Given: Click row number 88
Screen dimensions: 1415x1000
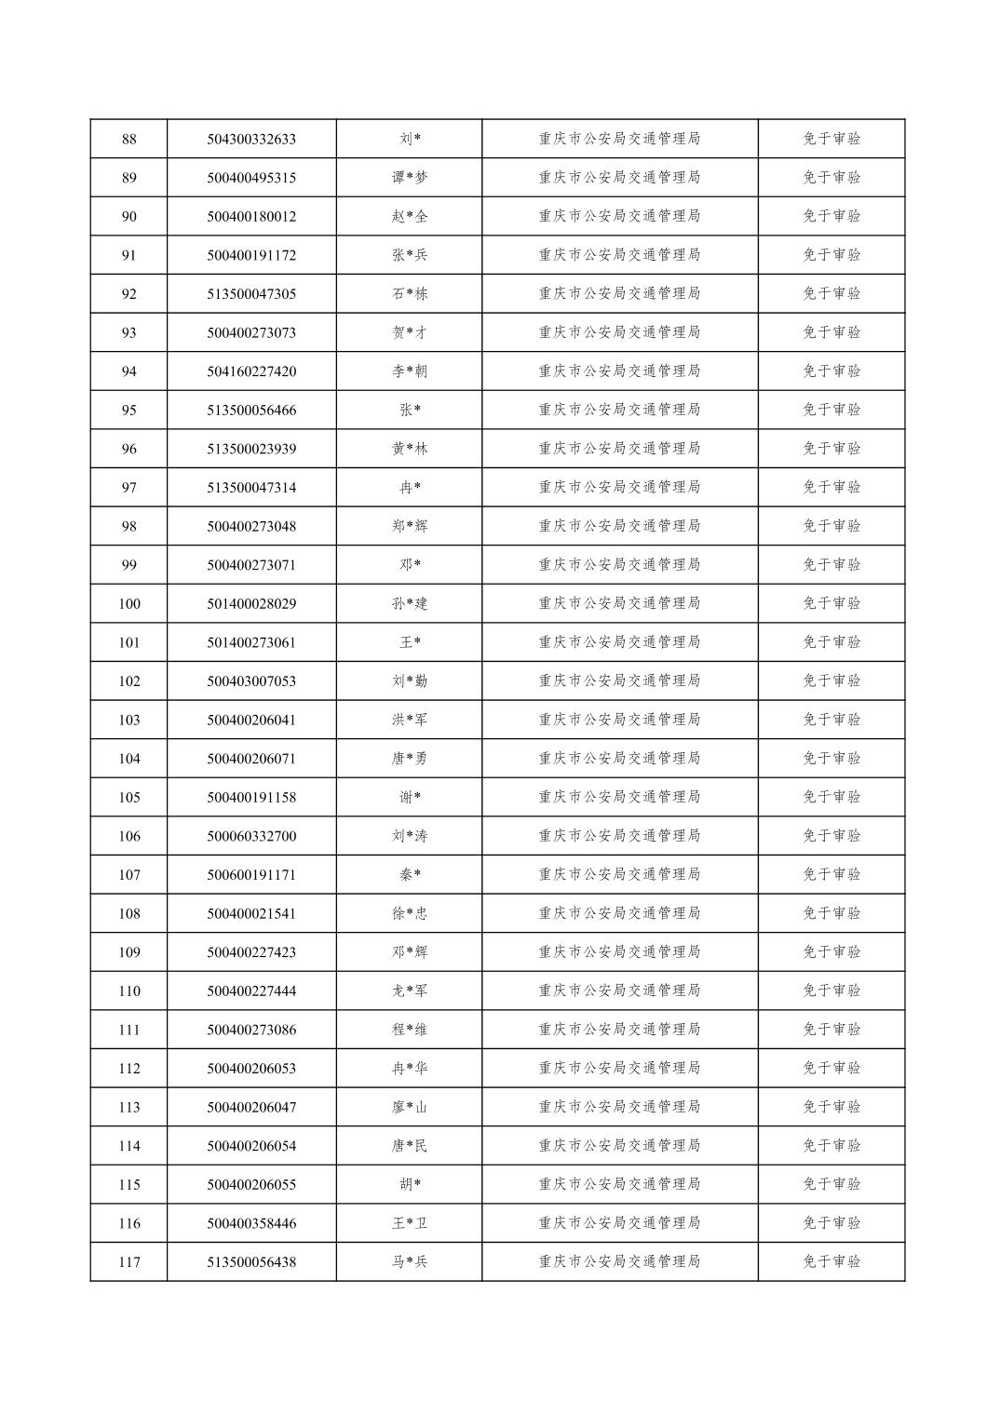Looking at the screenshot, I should (128, 139).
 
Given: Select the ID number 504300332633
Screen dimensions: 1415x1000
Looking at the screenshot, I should (251, 139).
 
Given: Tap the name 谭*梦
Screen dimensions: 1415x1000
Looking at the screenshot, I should (410, 178).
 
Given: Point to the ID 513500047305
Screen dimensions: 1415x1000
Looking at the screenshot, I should (251, 294).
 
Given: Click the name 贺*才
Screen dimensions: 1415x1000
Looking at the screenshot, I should (410, 332).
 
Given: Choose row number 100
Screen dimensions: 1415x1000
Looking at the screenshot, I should (128, 603).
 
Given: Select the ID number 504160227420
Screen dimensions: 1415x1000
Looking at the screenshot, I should (251, 371).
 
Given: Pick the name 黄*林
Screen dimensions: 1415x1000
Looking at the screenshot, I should (410, 449).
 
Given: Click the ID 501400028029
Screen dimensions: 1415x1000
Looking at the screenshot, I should (251, 603).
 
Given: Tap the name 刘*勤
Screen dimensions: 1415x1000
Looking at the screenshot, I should (410, 681).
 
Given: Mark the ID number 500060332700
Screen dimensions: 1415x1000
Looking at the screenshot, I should (251, 836).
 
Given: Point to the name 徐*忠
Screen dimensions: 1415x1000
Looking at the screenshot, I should (410, 913).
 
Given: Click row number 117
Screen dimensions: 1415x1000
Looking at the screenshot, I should (128, 1262).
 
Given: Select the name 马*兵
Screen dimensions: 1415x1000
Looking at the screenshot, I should (410, 1262).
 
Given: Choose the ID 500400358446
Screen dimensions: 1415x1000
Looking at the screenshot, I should (251, 1223).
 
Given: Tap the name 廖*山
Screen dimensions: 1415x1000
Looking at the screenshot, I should (410, 1107).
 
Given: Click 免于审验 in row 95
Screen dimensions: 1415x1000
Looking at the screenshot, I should (831, 410).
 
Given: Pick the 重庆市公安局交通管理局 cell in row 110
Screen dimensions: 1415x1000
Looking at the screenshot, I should (619, 990).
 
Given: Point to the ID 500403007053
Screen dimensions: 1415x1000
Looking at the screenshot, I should (251, 681).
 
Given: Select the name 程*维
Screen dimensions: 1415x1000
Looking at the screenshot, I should (410, 1030).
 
